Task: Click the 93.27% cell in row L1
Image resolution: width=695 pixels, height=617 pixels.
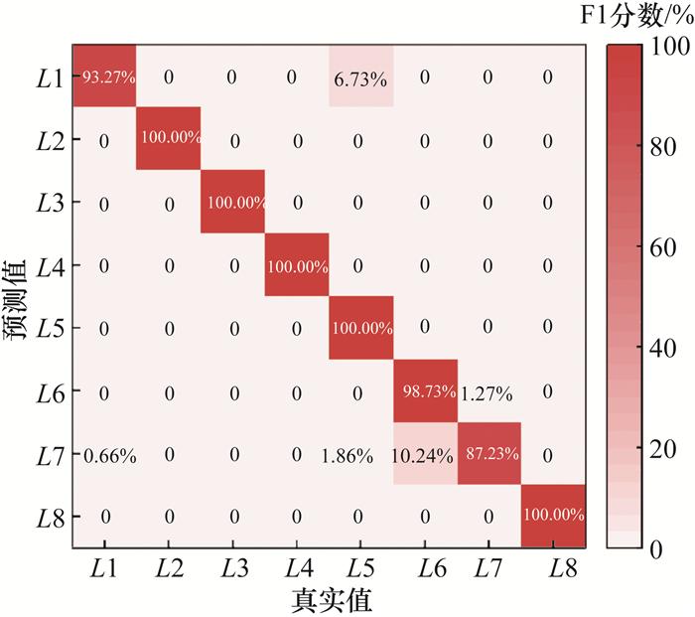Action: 104,77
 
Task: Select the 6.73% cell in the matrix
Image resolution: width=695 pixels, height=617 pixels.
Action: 360,77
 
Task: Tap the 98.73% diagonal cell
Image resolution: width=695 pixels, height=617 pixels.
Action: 424,391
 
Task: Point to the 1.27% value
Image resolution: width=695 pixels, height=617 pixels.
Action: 486,392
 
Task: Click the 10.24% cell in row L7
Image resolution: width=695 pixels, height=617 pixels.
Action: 424,455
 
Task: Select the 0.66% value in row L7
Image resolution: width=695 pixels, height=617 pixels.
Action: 110,456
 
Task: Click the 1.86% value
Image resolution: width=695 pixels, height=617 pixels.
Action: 348,456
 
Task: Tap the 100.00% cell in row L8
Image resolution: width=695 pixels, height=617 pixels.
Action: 552,516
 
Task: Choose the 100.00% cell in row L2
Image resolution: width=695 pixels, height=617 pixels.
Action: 169,139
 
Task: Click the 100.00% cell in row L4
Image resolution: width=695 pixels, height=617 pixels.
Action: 297,265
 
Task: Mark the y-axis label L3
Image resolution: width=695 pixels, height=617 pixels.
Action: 49,203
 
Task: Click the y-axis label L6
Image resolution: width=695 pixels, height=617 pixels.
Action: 49,391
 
